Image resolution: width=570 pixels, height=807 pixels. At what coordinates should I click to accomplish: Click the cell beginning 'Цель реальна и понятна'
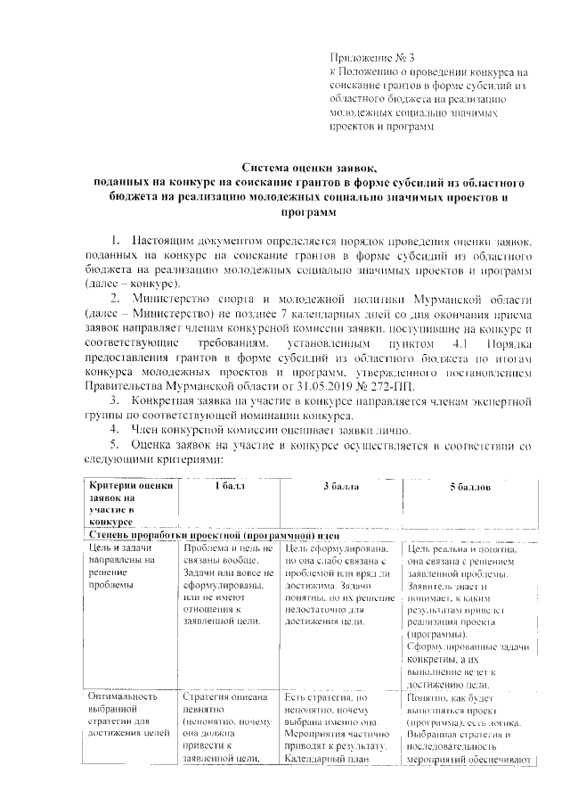(467, 615)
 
